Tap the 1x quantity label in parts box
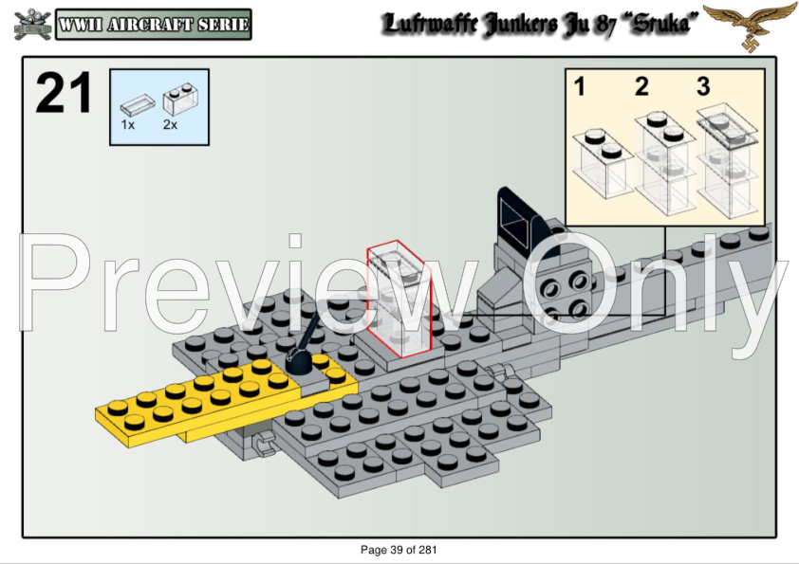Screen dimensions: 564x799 (x=128, y=124)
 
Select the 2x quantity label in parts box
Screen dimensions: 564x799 (x=170, y=124)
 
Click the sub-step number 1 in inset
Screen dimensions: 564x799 (x=579, y=87)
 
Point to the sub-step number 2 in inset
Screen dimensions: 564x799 (x=641, y=87)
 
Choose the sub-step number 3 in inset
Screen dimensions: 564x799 (x=703, y=87)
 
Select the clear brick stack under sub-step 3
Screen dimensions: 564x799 (x=727, y=161)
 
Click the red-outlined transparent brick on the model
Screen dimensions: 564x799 (x=399, y=299)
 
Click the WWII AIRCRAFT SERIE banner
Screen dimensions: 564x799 (x=154, y=24)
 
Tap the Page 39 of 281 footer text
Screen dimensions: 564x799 (x=399, y=550)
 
